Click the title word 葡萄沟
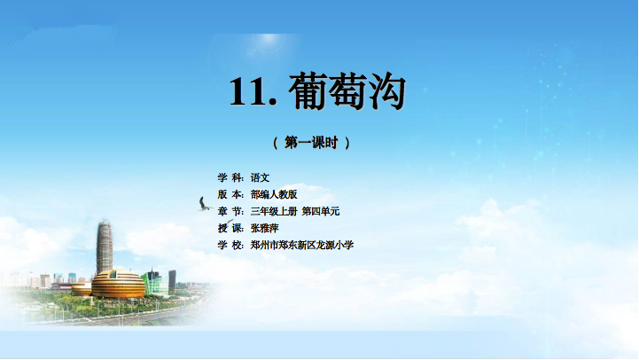click(x=347, y=91)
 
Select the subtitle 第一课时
click(x=311, y=143)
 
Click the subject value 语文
click(x=260, y=177)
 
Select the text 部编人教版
click(x=274, y=194)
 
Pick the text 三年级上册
click(x=274, y=211)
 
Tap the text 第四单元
click(x=321, y=211)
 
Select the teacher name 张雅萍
click(x=264, y=228)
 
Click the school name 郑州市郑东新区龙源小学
click(x=302, y=245)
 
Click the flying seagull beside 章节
click(x=204, y=205)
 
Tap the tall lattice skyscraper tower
click(x=105, y=247)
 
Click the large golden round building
click(x=118, y=284)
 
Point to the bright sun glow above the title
click(x=268, y=40)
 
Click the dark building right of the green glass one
click(x=173, y=280)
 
